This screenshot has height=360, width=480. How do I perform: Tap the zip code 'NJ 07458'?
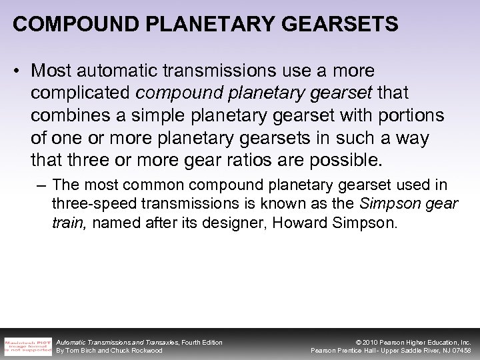point(453,351)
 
